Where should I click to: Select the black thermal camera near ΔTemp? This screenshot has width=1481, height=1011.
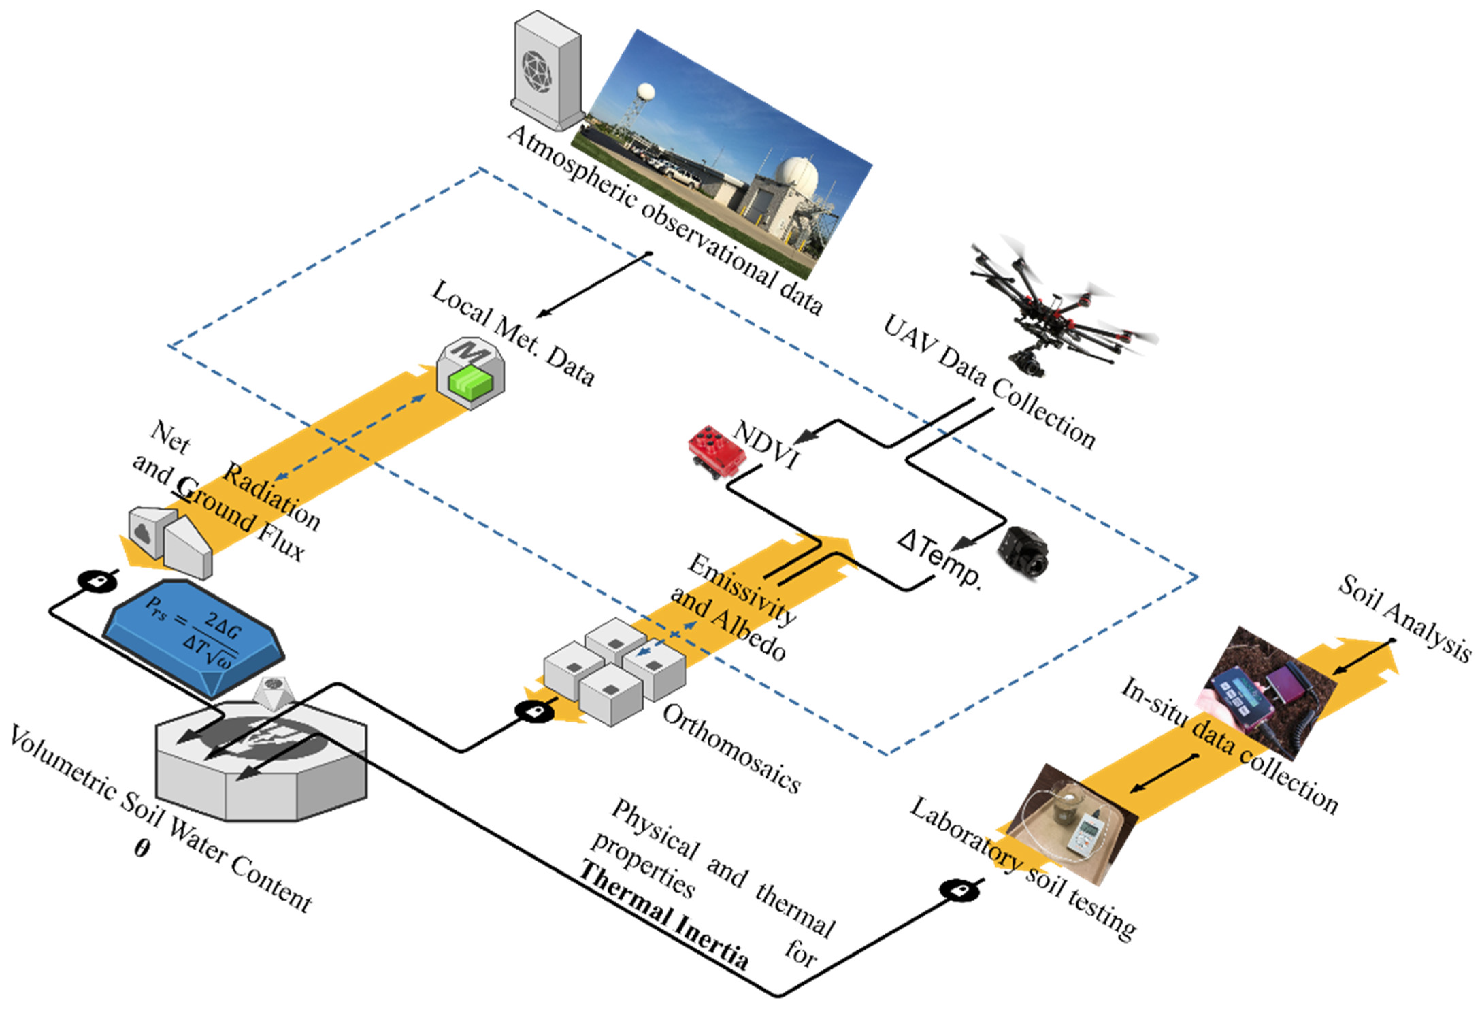(1022, 551)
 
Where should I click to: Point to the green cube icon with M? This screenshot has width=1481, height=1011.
(470, 373)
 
